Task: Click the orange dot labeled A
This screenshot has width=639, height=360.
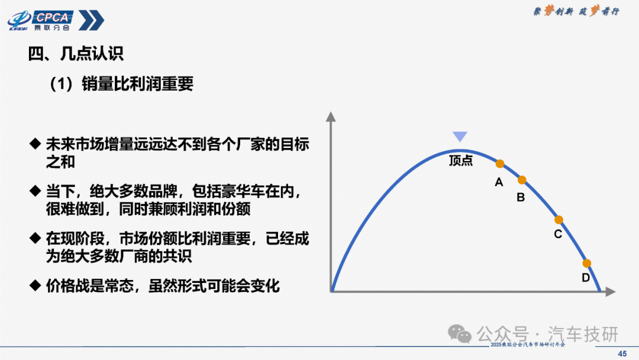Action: tap(499, 164)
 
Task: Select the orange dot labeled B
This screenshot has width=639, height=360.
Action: tap(522, 180)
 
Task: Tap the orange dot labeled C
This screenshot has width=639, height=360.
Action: tap(559, 220)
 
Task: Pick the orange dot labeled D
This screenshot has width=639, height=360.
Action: tap(586, 263)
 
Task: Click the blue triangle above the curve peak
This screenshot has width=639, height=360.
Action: tap(460, 136)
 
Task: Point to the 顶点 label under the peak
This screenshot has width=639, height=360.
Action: tap(461, 160)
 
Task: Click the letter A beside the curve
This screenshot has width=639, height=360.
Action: tap(499, 182)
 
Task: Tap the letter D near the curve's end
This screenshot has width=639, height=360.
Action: tap(586, 278)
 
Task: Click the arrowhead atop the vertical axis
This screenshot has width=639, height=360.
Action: tap(331, 117)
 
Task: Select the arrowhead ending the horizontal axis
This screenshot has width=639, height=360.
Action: tap(611, 291)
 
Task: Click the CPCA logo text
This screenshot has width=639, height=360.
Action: tap(53, 17)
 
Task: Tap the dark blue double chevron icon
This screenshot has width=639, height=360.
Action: tap(91, 20)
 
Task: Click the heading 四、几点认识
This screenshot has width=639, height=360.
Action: tap(76, 53)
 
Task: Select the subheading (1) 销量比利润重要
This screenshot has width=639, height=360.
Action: tap(121, 83)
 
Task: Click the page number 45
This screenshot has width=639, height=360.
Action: tap(622, 354)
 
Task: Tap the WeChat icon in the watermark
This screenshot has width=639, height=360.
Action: tap(460, 334)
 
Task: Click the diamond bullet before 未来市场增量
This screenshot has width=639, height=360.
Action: tap(35, 143)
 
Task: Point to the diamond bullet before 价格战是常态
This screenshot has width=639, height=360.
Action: tap(35, 285)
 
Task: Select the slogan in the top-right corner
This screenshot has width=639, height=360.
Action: tap(576, 11)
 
